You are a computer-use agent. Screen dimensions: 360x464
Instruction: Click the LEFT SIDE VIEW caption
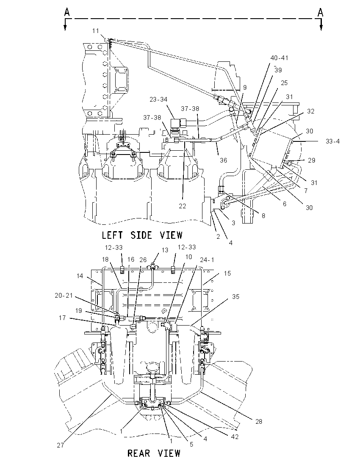coord(142,235)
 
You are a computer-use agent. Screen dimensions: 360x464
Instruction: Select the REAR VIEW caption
coord(154,453)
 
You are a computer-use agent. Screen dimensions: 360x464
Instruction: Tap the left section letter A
coord(67,12)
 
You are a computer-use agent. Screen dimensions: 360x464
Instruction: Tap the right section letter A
coord(320,12)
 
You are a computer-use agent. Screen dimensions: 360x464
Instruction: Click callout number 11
coord(95,31)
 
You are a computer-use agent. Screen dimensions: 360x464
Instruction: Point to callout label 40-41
coord(279,58)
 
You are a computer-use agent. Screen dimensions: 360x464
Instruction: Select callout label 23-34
coord(158,99)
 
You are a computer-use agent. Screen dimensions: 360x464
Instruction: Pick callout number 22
coord(183,206)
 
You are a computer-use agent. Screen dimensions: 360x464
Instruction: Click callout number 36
coord(223,160)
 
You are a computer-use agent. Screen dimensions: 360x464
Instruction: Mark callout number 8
coord(263,216)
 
